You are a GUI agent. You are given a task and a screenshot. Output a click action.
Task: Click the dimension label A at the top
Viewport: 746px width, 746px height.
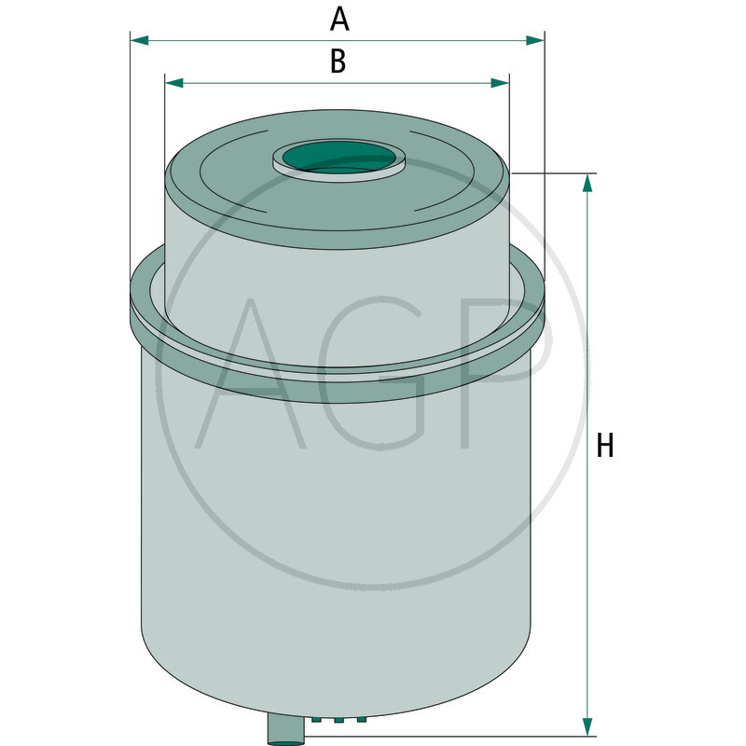coord(339,17)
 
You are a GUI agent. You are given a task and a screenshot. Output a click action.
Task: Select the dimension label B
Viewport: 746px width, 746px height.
coord(338,62)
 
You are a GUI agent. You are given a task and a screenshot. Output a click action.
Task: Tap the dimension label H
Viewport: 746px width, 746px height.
coord(606,446)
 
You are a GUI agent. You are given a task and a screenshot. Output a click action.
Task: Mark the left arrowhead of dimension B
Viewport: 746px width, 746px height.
coord(173,83)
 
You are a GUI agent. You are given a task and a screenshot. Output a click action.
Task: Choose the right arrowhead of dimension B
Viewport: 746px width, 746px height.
coord(501,83)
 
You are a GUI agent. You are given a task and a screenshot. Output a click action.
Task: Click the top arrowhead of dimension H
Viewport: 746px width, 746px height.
coord(587,183)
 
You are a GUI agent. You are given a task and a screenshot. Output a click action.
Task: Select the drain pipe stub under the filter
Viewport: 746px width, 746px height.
coord(286,727)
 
